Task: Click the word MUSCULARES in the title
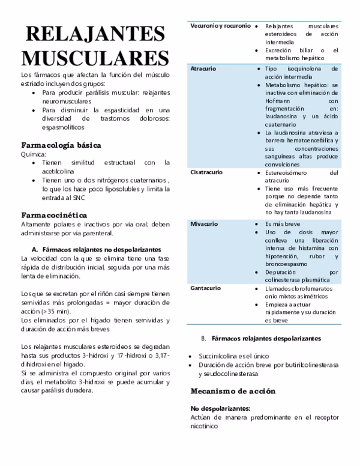95,59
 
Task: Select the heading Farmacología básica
61,145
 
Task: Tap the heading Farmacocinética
54,214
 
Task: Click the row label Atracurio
203,70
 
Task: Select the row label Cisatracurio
206,172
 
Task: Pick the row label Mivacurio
204,223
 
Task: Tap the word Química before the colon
32,154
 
